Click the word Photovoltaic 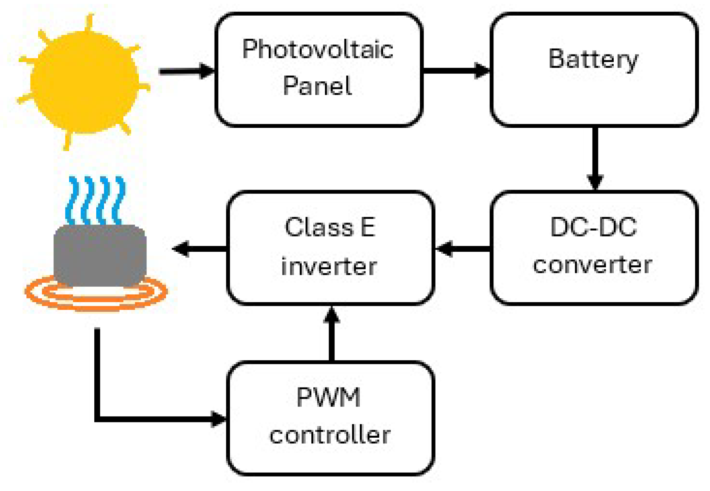point(317,50)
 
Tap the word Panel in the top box point(317,86)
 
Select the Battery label point(593,59)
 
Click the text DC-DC point(593,227)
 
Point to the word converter point(592,265)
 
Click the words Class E point(330,227)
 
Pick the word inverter point(329,266)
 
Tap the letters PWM point(329,398)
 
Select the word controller point(330,435)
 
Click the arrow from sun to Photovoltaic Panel point(187,71)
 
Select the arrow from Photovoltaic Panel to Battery point(456,71)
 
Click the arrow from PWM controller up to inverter point(331,335)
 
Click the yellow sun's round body point(84,82)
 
